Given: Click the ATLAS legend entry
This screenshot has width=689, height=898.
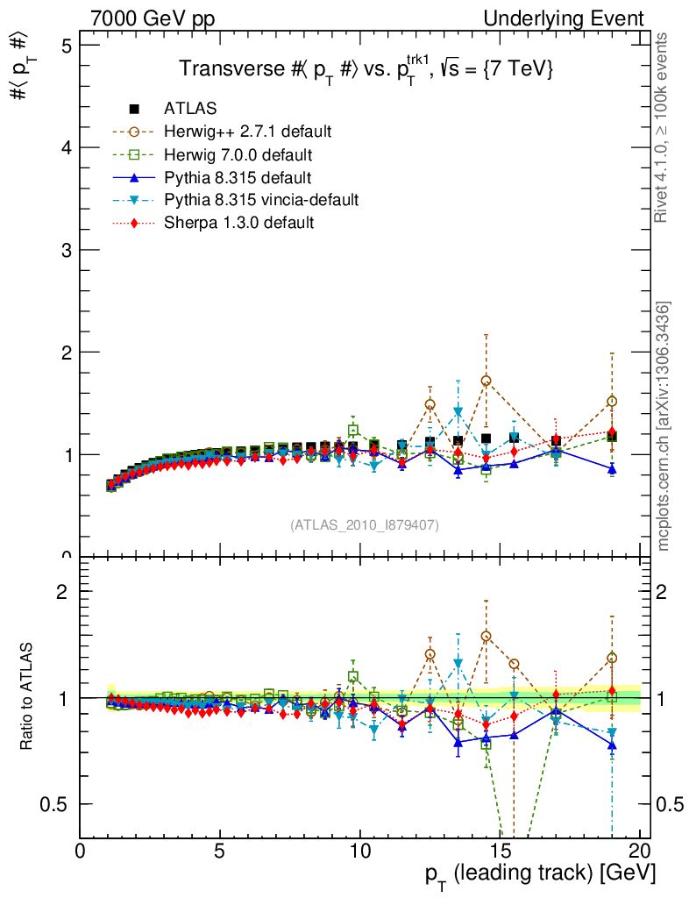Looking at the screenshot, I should click(190, 109).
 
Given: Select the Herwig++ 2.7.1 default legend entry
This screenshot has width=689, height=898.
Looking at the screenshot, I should click(247, 132).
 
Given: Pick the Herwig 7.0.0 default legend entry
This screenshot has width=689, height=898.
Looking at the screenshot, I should click(238, 155).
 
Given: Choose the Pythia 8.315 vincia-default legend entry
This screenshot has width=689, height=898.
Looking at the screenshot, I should click(261, 200).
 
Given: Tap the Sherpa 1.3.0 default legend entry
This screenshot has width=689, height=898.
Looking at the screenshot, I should click(238, 223).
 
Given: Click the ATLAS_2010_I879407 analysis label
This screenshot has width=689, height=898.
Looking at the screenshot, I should click(365, 524).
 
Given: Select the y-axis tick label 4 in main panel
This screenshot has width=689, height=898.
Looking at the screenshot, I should click(64, 148).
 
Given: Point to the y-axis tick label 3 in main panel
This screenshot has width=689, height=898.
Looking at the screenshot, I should click(64, 251).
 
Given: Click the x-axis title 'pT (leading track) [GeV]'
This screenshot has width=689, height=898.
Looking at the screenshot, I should click(540, 875).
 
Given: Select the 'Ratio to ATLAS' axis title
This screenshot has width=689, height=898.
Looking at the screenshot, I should click(27, 697).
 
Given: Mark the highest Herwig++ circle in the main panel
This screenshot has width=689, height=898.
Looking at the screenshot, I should click(486, 381).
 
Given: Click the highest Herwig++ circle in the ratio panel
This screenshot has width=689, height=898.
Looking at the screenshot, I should click(486, 636).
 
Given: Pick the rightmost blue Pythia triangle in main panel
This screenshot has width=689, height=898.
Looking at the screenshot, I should click(612, 469).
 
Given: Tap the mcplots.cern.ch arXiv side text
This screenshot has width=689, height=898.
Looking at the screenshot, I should click(664, 426).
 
